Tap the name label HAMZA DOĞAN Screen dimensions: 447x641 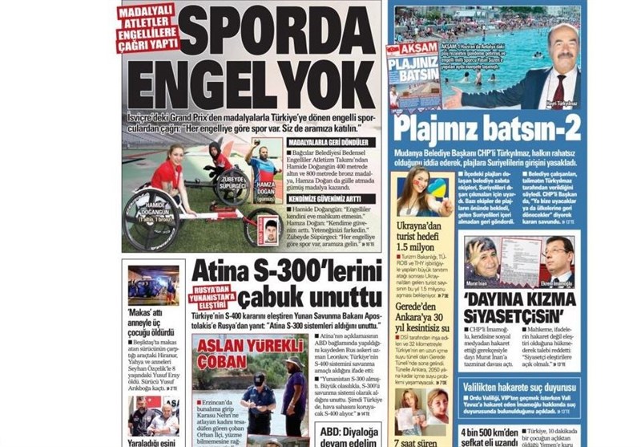[261, 188]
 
